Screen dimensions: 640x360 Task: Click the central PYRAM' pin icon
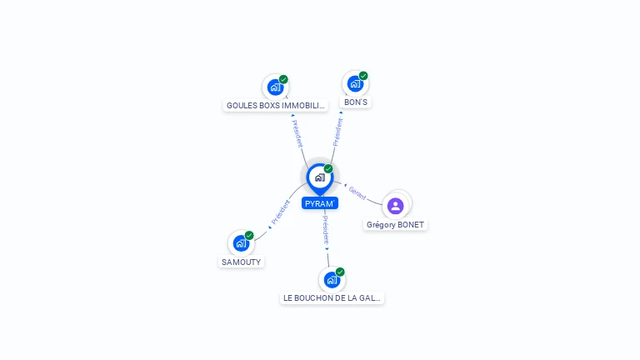(320, 178)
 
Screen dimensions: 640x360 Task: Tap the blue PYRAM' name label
(320, 203)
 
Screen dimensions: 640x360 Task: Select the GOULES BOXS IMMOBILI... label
(276, 105)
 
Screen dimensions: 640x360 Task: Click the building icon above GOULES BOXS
(276, 87)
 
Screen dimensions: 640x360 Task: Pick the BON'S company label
(356, 102)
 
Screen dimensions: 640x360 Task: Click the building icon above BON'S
(355, 83)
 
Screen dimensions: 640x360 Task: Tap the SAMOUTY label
(241, 262)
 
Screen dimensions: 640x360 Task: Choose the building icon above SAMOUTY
(241, 243)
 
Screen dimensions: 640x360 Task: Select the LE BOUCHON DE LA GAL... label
(332, 298)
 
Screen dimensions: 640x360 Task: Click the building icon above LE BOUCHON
(332, 280)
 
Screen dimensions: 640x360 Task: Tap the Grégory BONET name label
(395, 224)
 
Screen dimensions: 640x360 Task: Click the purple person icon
(396, 206)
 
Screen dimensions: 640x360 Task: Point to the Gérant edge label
(357, 193)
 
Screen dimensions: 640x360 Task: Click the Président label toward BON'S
(337, 132)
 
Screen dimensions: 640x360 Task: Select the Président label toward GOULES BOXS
(297, 134)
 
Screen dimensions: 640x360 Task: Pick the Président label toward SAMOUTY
(281, 212)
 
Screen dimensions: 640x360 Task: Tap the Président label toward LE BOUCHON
(326, 230)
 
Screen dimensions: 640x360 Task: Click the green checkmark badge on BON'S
(363, 76)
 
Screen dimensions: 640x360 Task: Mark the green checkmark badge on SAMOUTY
(249, 236)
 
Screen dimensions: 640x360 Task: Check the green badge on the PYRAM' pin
(328, 168)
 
